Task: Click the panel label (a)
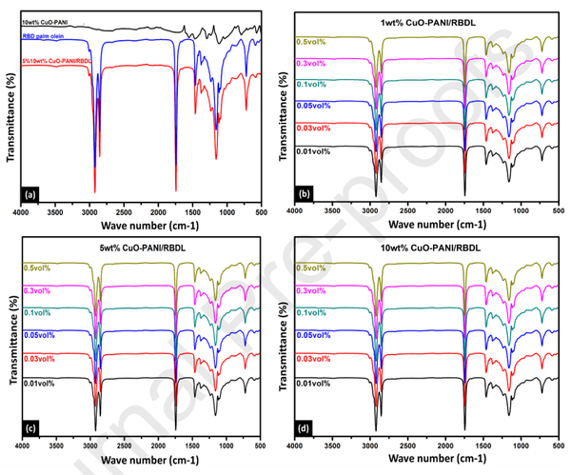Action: (x=29, y=194)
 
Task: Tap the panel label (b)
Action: (x=305, y=194)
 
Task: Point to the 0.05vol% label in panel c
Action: (x=39, y=334)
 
